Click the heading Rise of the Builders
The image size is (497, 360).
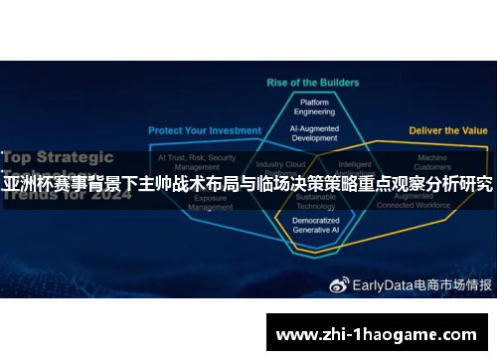(x=311, y=83)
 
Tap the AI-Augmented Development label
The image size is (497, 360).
(x=314, y=133)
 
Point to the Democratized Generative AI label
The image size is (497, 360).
(x=315, y=224)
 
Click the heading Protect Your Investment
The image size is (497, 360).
(x=205, y=130)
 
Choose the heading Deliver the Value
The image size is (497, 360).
(x=449, y=130)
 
